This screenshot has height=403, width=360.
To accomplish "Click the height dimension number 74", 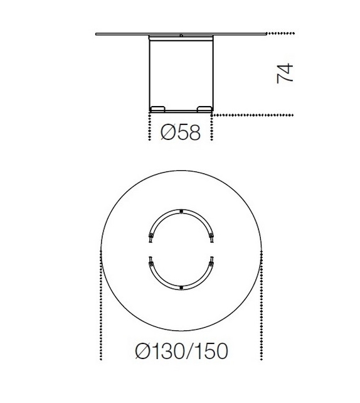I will point(285,73).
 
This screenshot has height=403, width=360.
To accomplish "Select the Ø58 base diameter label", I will point(181,133).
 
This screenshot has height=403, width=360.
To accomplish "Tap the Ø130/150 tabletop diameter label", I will point(181,350).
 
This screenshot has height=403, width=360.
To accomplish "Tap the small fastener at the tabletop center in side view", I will point(181,36).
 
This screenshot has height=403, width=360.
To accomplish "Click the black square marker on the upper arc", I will point(181,211).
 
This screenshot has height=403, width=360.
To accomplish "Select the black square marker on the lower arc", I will point(181,287).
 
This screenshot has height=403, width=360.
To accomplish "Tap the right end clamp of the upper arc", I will point(211,236).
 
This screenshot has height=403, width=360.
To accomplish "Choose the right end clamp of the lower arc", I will point(211,261).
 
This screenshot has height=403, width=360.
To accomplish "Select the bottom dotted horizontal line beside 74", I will point(254,115).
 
